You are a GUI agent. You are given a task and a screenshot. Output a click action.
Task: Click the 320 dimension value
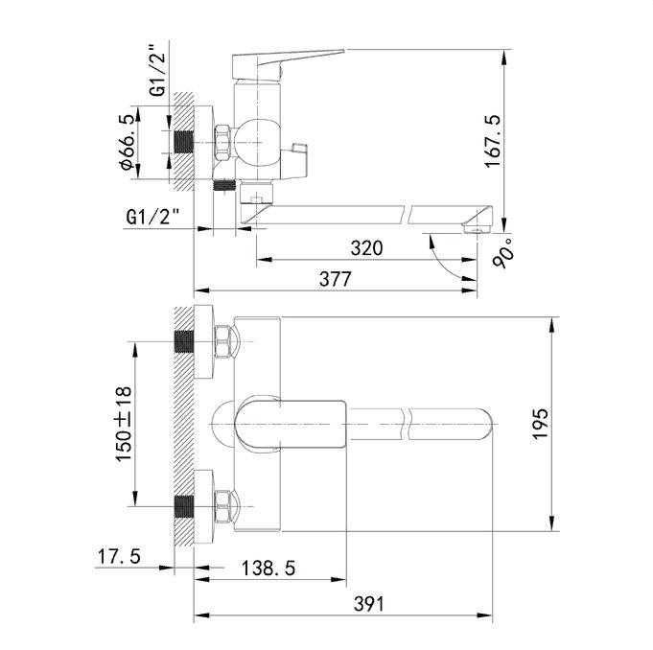click(366, 248)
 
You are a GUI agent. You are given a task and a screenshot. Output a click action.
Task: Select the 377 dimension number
click(336, 279)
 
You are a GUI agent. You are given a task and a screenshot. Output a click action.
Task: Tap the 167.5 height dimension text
click(493, 142)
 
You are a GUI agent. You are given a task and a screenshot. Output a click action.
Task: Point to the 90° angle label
click(503, 253)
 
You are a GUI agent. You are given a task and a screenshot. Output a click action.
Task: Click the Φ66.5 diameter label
click(128, 142)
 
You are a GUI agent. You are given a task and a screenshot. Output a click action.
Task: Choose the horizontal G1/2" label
click(153, 217)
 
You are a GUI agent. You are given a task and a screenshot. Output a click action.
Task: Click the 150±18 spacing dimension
click(124, 424)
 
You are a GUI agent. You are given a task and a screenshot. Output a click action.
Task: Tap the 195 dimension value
click(541, 424)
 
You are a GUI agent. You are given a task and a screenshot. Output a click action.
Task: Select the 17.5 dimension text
click(119, 557)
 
